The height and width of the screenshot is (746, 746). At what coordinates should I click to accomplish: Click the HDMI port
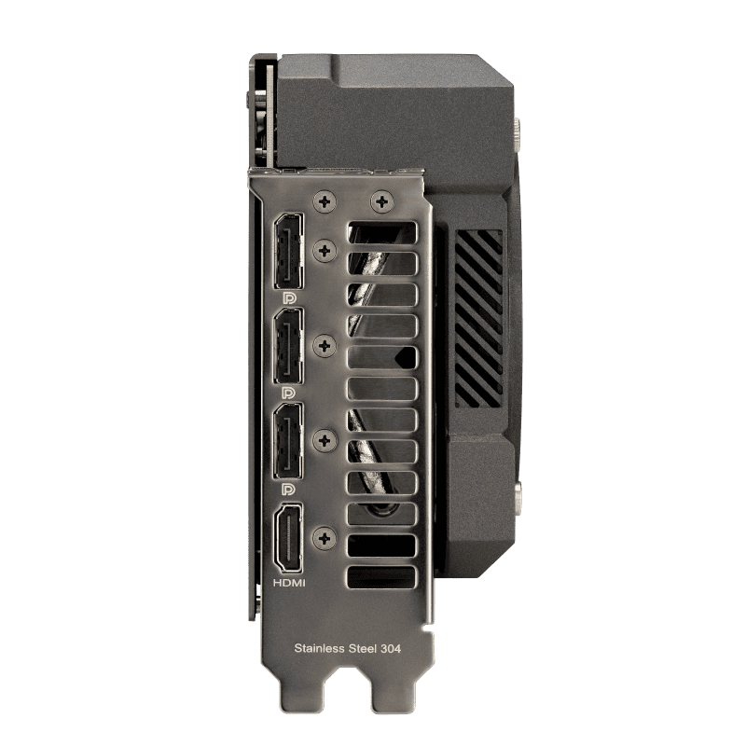pos(289,539)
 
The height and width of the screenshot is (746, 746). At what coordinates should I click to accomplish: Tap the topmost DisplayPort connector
pos(288,251)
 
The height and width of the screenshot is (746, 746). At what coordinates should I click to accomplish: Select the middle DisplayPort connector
pos(288,346)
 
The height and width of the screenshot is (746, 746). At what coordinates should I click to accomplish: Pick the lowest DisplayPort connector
pos(288,441)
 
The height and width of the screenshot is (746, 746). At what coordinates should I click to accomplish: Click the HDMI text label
pos(289,583)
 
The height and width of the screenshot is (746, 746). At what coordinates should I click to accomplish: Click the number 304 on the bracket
pos(391,648)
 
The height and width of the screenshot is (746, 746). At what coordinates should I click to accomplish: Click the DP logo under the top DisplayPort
pos(289,298)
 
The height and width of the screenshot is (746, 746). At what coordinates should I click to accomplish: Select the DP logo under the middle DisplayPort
pos(289,393)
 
